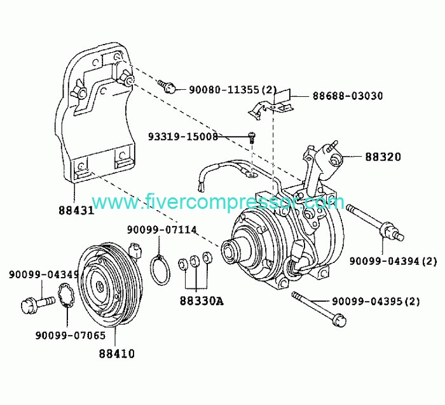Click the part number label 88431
pos(76,211)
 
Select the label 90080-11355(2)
pos(233,90)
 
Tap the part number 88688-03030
pos(348,96)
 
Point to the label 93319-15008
pos(183,137)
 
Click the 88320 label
pos(383,157)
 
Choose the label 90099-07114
pos(161,230)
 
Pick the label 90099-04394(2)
pos(393,261)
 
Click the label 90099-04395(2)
pos(376,301)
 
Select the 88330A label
pos(202,301)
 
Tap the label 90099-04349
pos(44,274)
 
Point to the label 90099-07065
pos(71,336)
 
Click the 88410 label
pos(116,354)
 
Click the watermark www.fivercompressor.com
pos(218,201)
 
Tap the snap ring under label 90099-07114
pos(151,269)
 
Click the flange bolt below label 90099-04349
pos(38,304)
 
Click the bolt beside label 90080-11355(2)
pos(167,86)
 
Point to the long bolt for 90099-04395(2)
pos(318,308)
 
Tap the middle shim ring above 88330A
pos(195,261)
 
